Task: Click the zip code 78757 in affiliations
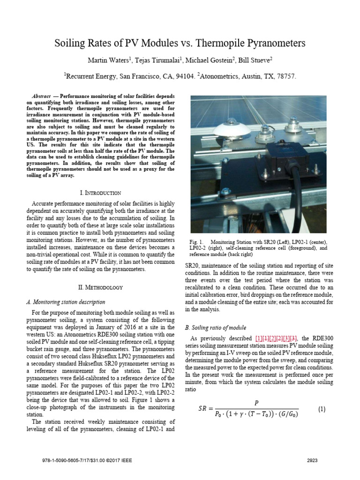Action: click(x=285, y=76)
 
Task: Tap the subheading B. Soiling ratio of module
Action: click(x=216, y=327)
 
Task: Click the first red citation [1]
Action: click(x=258, y=338)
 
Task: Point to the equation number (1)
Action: click(x=322, y=409)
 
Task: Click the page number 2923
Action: click(x=312, y=461)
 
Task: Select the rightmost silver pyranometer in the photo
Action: click(x=294, y=125)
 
